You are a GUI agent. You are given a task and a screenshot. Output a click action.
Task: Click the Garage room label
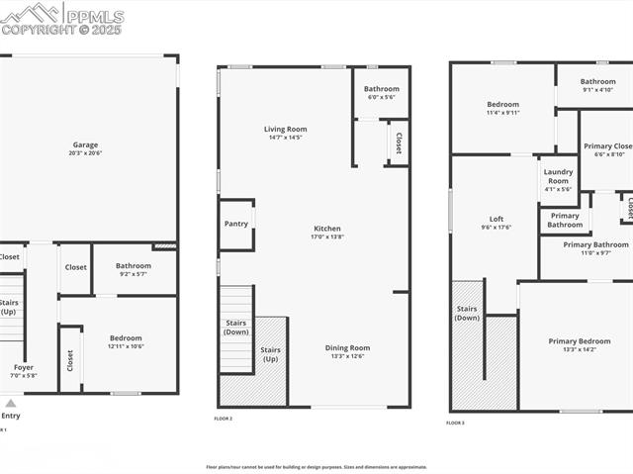point(85,144)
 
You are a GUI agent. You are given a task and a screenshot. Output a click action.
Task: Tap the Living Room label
point(285,129)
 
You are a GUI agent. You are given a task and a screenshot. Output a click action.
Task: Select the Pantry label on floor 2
point(236,224)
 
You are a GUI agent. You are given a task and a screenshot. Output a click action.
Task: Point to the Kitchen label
point(326,229)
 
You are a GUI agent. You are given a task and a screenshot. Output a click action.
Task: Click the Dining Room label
point(347,347)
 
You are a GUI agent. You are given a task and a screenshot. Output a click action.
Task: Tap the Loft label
point(497,219)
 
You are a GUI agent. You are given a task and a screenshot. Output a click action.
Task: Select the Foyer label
point(23,367)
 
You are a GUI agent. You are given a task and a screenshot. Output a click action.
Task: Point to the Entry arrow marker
point(11,404)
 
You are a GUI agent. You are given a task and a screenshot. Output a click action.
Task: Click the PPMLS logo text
point(95,17)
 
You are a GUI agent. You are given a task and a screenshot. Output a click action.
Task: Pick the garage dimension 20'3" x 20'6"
point(85,153)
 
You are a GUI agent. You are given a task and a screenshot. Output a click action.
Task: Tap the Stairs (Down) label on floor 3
point(467,313)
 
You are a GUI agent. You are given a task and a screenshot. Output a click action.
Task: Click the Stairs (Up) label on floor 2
point(270,353)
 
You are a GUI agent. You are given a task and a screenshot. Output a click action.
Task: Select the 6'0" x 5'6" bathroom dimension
point(382,97)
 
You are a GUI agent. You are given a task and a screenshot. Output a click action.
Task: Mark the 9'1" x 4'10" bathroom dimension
point(597,90)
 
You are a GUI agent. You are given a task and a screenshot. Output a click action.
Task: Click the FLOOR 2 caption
point(224,419)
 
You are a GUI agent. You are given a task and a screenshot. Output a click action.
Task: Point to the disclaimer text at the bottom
point(316,467)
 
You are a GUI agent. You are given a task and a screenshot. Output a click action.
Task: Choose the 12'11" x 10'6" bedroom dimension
point(126,346)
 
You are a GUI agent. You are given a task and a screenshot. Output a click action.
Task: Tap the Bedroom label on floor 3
point(502,104)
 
